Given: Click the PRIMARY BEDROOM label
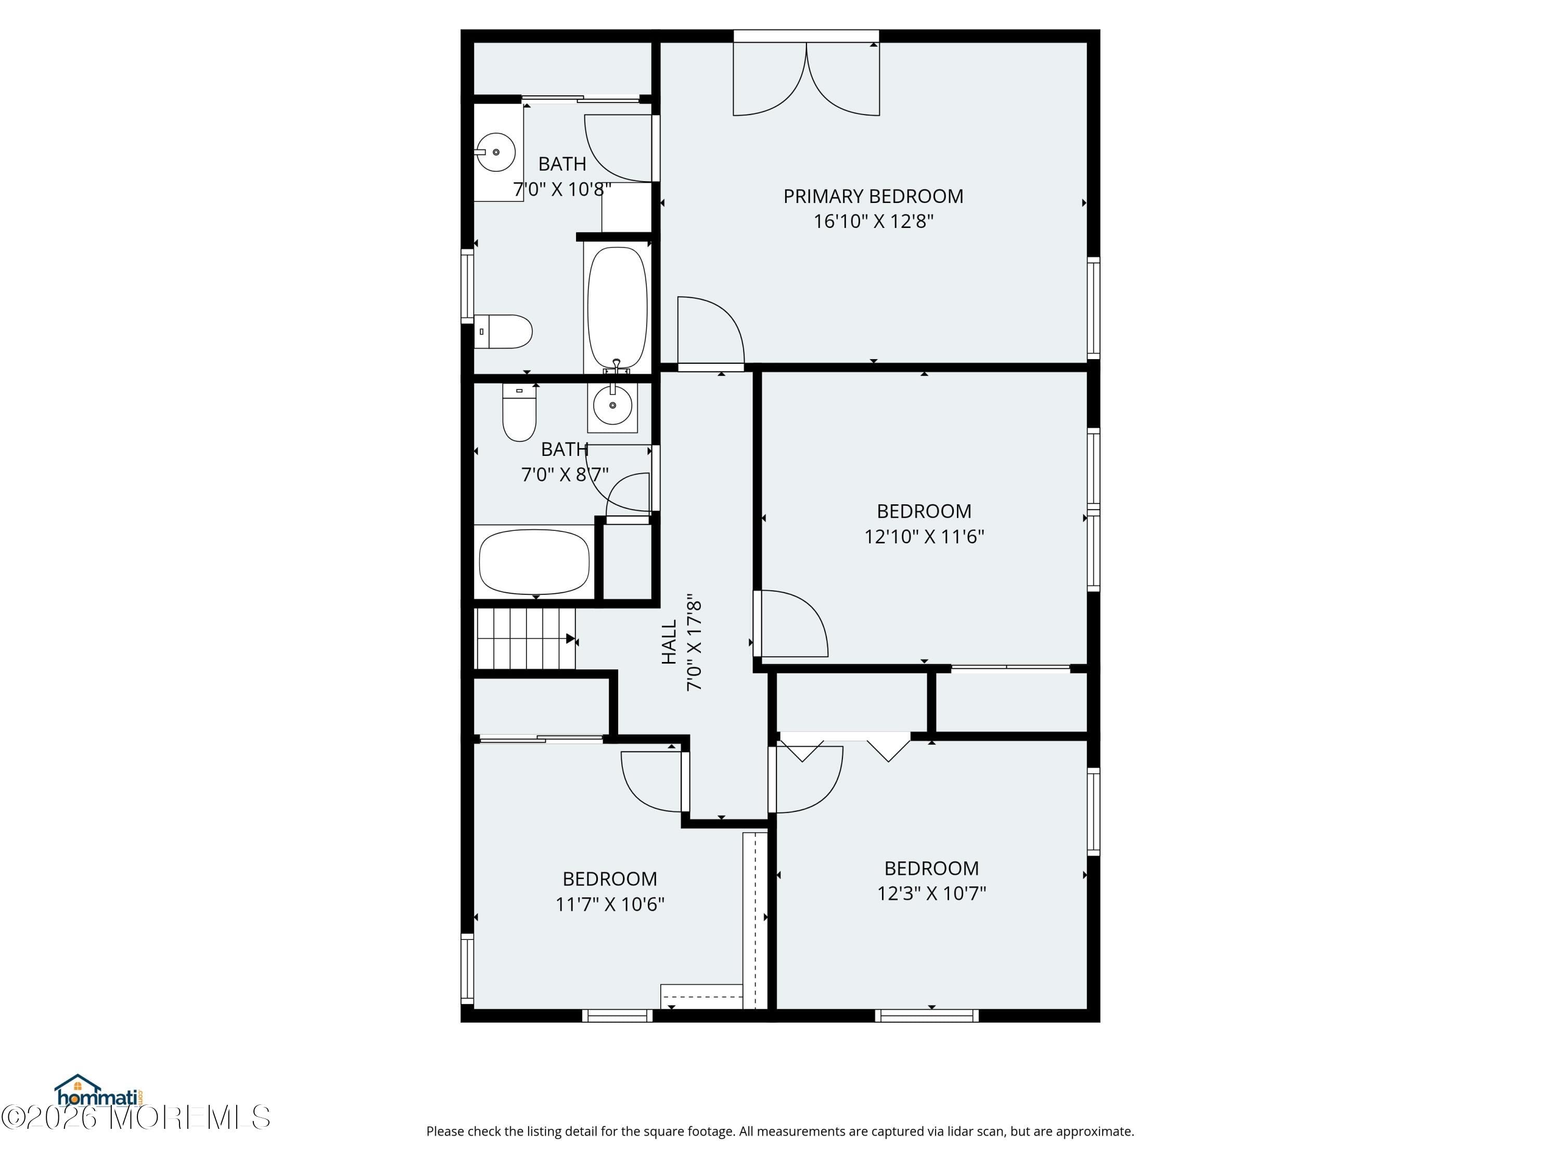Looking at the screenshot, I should click(x=873, y=196).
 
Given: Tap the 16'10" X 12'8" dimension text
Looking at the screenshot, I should click(x=873, y=222).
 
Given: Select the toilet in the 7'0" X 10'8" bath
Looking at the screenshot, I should click(x=503, y=332).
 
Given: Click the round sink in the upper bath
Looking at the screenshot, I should click(x=495, y=152).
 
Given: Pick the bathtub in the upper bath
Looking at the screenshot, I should click(x=617, y=308).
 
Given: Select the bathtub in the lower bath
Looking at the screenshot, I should click(x=534, y=563).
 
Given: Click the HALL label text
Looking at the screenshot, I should click(x=669, y=642).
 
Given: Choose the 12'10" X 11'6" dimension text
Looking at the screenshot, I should click(x=924, y=537).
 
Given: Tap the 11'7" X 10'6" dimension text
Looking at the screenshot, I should click(x=610, y=904).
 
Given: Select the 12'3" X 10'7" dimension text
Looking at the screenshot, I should click(x=931, y=894).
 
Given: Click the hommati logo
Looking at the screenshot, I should click(x=98, y=1092).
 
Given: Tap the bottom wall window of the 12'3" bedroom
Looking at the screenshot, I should click(x=927, y=1016).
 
